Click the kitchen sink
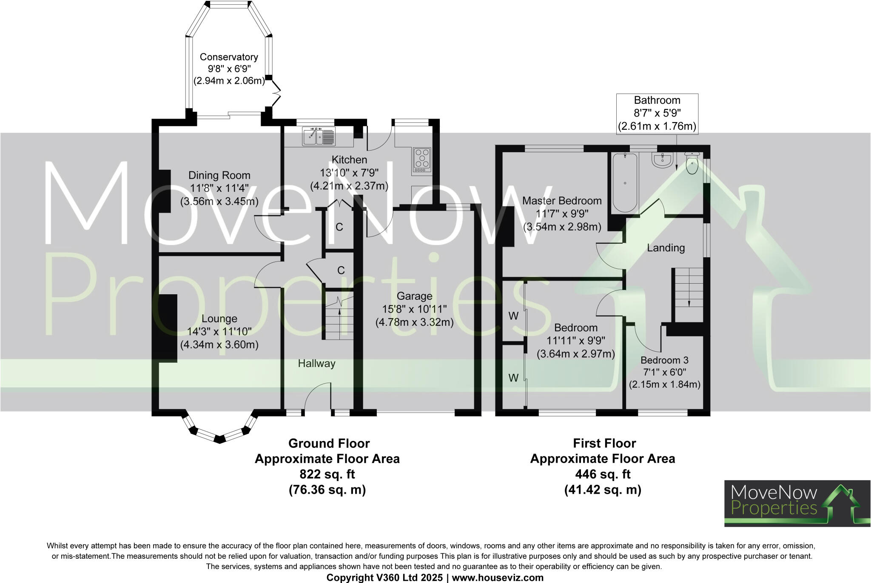point(319,136)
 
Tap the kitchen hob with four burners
point(421,160)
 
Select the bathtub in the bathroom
point(624,182)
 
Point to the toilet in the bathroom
point(692,164)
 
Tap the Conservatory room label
point(229,57)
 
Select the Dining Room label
point(219,175)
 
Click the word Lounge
point(219,319)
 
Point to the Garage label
point(414,296)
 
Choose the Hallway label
point(316,363)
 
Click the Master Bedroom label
point(562,201)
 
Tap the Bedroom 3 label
point(664,360)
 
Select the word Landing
point(666,248)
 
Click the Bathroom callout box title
point(657,100)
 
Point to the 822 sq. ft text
point(327,474)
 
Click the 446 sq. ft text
point(603,474)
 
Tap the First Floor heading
point(604,443)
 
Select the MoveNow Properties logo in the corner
point(797,503)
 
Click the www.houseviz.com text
point(498,577)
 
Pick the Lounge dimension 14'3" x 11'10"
point(219,331)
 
